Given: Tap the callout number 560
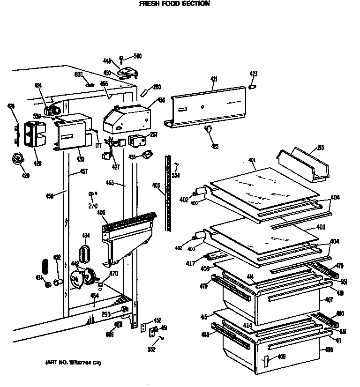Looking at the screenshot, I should point(137,57).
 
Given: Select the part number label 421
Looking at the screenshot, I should point(214,80).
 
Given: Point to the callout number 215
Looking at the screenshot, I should point(321,148).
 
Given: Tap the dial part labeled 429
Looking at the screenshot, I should point(19,159).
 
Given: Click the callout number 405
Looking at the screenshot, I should point(101,213).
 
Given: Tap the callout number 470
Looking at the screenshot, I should point(113,274).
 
